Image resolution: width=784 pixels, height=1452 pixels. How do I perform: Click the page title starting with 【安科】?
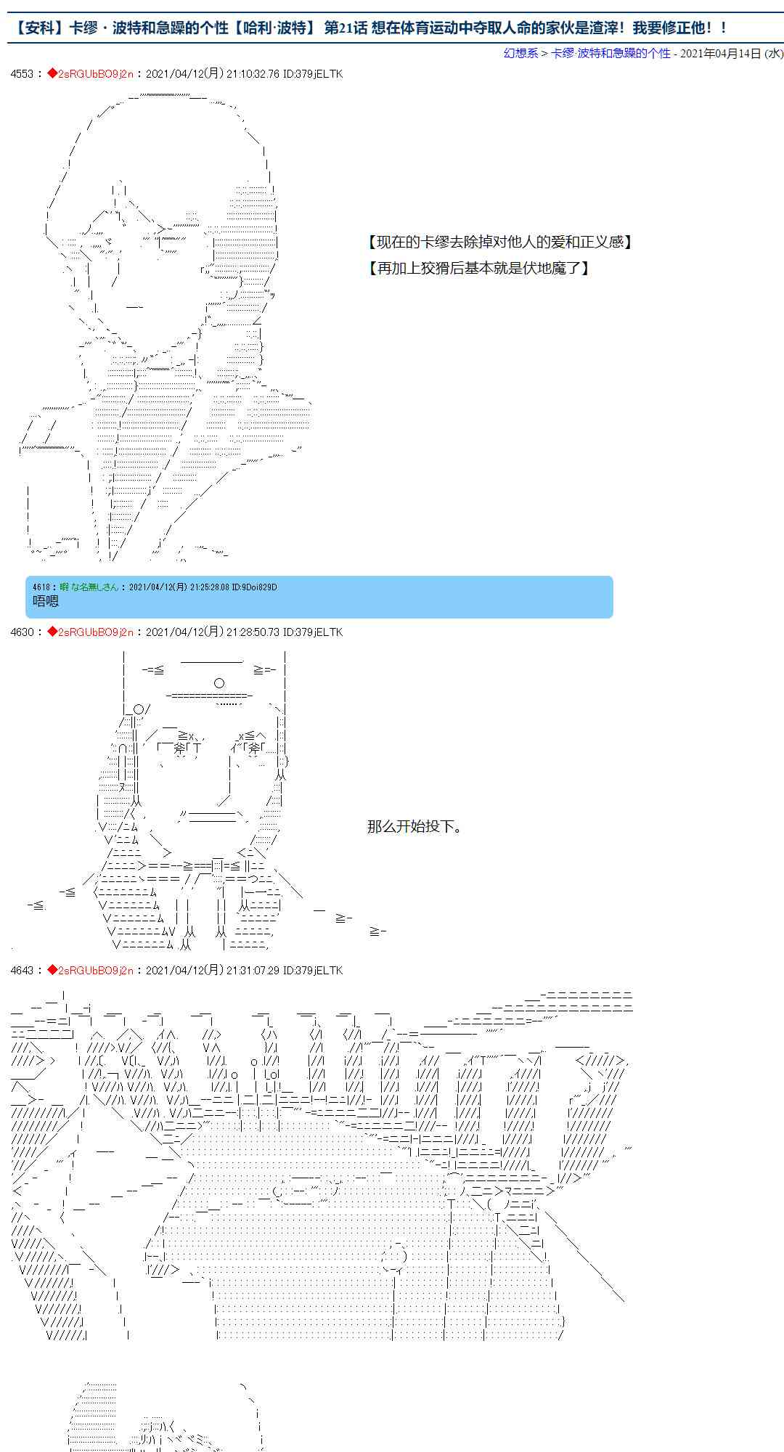[x=370, y=28]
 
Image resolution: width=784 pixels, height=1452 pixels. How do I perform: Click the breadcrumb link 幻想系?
[x=520, y=53]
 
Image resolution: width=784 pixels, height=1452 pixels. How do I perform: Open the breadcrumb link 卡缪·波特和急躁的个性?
[x=611, y=53]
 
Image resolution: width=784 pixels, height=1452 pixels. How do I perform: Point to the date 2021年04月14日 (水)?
[x=731, y=53]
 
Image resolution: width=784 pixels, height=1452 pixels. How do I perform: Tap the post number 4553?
[x=22, y=74]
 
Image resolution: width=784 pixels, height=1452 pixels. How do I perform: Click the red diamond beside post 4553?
[x=52, y=74]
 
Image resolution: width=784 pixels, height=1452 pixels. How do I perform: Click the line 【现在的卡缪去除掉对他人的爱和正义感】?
[x=499, y=242]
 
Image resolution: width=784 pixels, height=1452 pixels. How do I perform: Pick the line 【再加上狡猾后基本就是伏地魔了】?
[x=478, y=268]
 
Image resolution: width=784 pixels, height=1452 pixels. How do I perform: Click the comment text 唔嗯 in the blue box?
[x=46, y=600]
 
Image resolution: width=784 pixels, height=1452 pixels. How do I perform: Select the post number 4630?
[x=22, y=632]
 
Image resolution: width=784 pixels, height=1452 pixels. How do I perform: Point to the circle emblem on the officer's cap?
[x=219, y=682]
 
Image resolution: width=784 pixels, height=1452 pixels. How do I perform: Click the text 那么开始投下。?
[x=415, y=826]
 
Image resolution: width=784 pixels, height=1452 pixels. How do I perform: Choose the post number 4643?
[x=22, y=971]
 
